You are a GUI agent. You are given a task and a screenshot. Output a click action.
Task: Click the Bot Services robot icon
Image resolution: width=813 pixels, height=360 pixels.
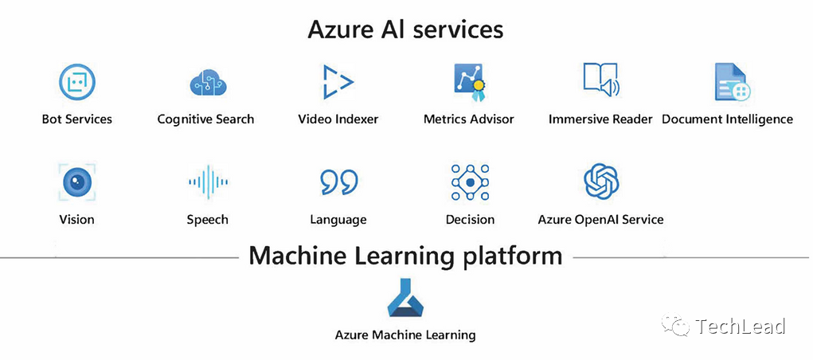click(77, 82)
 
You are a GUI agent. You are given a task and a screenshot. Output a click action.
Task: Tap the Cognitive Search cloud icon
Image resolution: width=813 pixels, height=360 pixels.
click(209, 82)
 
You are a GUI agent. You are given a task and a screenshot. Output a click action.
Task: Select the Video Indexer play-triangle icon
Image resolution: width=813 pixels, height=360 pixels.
click(338, 82)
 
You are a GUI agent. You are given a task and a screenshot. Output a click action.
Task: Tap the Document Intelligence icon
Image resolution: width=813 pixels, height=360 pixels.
click(729, 82)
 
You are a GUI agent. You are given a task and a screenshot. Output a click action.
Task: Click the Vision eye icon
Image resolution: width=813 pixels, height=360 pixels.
click(77, 182)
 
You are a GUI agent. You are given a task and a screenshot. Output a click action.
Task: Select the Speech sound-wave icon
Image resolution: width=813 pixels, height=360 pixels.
click(208, 182)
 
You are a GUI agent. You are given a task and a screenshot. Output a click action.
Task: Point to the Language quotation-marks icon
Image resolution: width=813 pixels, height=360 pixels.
click(338, 182)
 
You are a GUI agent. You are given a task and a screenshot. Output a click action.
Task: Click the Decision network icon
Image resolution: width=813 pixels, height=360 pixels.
click(470, 182)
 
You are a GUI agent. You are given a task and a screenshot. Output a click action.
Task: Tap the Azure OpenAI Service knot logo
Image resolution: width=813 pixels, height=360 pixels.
click(601, 182)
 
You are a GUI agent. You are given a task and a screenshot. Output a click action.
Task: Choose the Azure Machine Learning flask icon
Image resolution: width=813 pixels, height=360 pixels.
click(406, 299)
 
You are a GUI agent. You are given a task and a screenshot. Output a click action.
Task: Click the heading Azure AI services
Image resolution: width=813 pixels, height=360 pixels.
click(405, 30)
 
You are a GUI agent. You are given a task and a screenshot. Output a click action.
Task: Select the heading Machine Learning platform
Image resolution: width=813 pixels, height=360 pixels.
click(405, 256)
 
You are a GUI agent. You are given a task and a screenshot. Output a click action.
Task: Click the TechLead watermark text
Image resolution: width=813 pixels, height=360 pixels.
click(740, 327)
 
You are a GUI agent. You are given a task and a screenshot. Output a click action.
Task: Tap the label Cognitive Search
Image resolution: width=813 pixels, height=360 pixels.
click(205, 119)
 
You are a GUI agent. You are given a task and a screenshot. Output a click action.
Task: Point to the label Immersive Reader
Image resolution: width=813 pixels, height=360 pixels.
click(600, 119)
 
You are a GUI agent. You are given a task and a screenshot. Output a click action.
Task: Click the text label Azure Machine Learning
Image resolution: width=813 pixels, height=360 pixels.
click(405, 335)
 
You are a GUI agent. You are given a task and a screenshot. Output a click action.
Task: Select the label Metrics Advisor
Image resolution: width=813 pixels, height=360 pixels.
click(468, 119)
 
